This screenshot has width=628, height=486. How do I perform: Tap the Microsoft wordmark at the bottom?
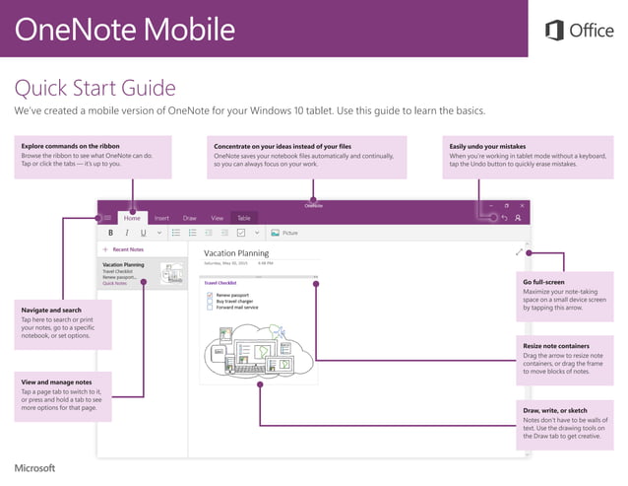click(x=35, y=467)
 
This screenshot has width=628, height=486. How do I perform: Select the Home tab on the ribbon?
click(x=132, y=218)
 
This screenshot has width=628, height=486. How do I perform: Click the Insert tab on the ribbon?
click(x=161, y=218)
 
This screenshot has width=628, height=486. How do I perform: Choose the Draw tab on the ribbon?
click(x=190, y=218)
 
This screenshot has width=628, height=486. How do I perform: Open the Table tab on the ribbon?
click(x=244, y=218)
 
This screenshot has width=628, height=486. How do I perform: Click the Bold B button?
click(x=110, y=234)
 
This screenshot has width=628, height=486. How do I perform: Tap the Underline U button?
click(x=143, y=234)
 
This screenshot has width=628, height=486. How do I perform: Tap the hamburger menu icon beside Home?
click(x=107, y=218)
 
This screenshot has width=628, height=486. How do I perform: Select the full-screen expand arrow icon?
click(x=519, y=252)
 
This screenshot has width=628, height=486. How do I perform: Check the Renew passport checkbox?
click(x=210, y=295)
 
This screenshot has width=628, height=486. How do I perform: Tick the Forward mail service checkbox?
click(x=210, y=308)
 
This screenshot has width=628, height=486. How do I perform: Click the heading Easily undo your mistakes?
click(x=493, y=146)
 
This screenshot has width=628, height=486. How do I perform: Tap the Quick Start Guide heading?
click(x=94, y=89)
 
